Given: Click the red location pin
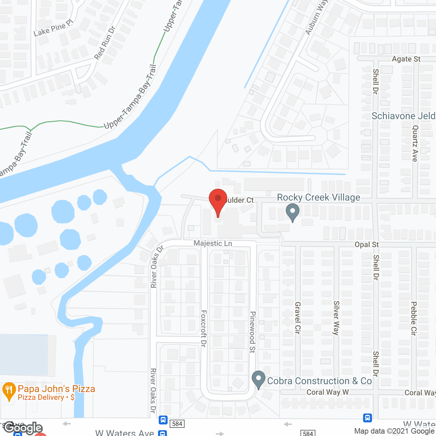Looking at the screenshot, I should click(x=218, y=200).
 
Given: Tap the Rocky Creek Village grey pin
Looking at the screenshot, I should click(x=292, y=212).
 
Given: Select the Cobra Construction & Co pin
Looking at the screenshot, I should click(x=259, y=379).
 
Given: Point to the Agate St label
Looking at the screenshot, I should click(x=406, y=59).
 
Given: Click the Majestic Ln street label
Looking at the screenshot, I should click(x=213, y=243).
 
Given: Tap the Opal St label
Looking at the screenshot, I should click(x=367, y=245).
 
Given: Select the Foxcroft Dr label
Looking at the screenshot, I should click(x=204, y=328).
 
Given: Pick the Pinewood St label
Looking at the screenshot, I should click(x=252, y=332).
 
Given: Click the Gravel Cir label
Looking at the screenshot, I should click(x=298, y=318).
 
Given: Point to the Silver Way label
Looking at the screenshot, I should click(x=337, y=318).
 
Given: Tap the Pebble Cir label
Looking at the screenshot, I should click(x=414, y=318).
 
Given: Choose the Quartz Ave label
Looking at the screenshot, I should click(x=415, y=143).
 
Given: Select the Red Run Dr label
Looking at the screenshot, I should click(x=105, y=43).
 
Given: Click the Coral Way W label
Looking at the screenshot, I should click(x=327, y=392).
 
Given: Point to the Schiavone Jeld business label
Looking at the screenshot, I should click(x=403, y=116).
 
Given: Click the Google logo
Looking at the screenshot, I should click(x=23, y=428).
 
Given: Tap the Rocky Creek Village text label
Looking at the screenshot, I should click(x=318, y=198).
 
